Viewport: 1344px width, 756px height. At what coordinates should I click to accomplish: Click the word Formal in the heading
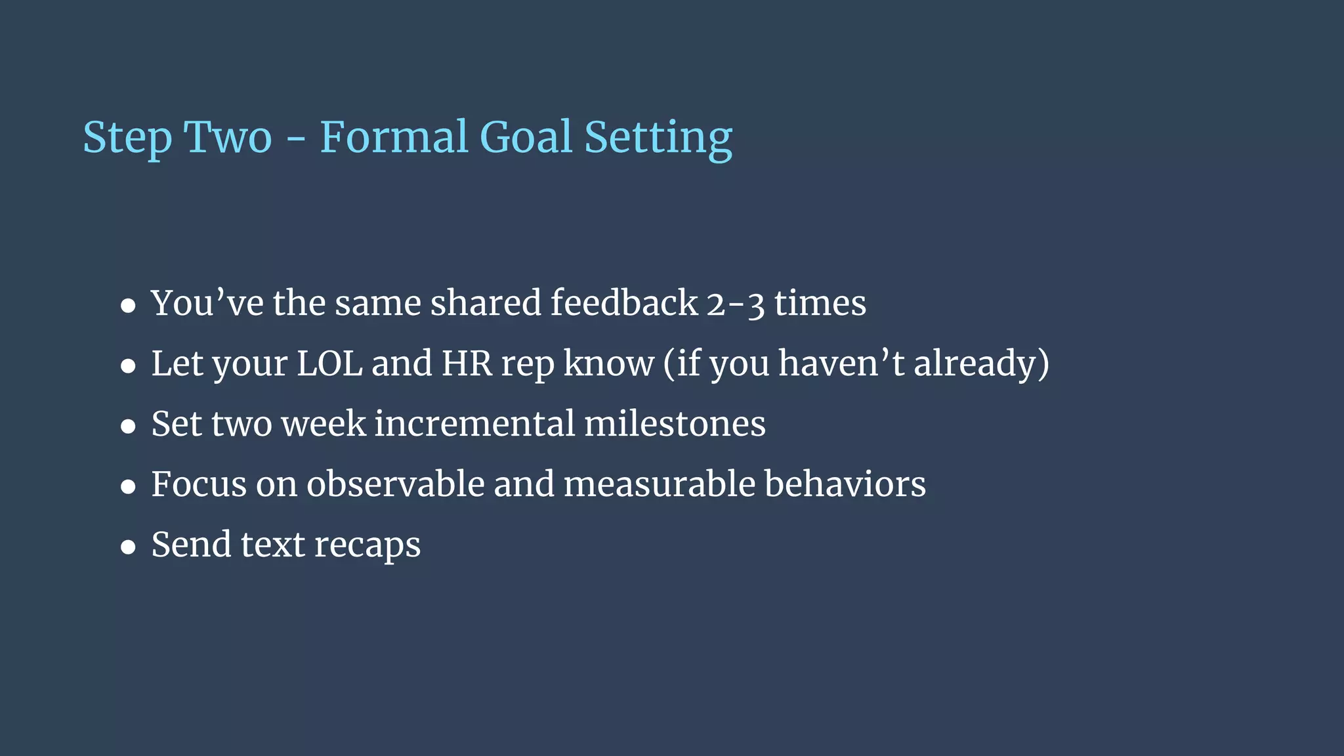394,137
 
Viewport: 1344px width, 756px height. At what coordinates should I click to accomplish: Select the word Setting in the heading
658,139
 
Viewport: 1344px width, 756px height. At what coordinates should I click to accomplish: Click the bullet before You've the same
129,306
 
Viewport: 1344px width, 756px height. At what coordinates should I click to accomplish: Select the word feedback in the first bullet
623,303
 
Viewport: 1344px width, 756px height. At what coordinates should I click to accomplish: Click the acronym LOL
329,364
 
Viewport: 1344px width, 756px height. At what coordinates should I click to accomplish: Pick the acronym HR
467,364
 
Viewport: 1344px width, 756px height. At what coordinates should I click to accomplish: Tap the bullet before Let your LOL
129,366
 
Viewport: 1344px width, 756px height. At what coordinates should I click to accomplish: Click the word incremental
474,424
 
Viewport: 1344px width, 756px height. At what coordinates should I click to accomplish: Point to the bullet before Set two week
129,427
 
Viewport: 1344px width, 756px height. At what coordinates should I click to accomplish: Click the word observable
396,484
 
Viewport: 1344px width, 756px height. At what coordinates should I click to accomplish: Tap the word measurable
660,484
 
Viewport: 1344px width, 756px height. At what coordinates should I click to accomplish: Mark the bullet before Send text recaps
129,547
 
